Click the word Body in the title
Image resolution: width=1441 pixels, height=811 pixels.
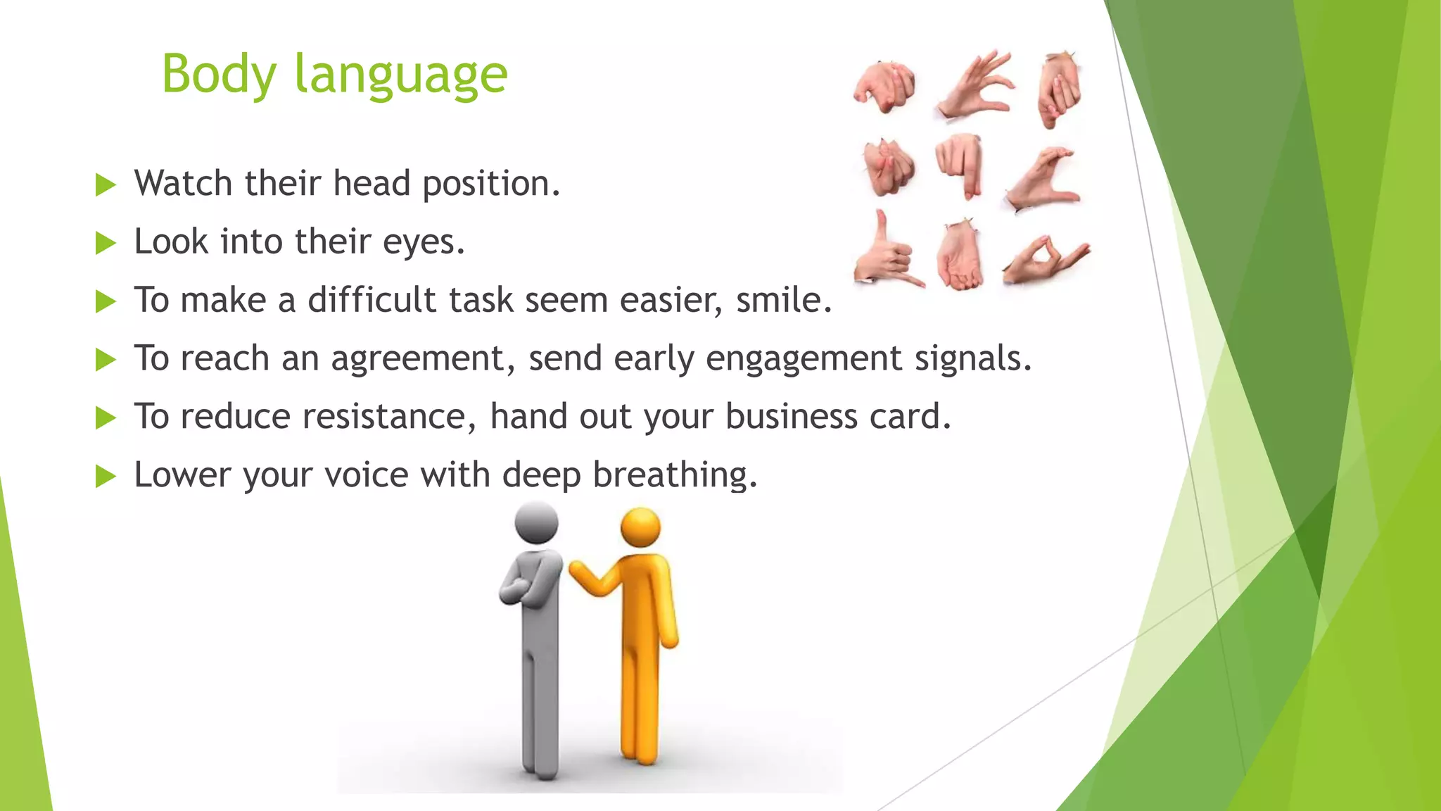coord(219,75)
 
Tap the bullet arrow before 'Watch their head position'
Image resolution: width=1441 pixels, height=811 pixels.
coord(105,186)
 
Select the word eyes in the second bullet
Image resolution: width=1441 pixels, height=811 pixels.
coord(423,242)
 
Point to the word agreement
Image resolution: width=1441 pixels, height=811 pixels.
coord(423,359)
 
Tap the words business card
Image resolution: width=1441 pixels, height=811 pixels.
coord(837,417)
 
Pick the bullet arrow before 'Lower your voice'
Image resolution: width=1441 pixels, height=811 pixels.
coord(105,477)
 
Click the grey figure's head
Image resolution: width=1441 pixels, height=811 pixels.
coord(536,522)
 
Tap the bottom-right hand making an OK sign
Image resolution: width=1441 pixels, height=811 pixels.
coord(1044,259)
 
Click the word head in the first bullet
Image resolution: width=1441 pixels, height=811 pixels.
coord(371,184)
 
